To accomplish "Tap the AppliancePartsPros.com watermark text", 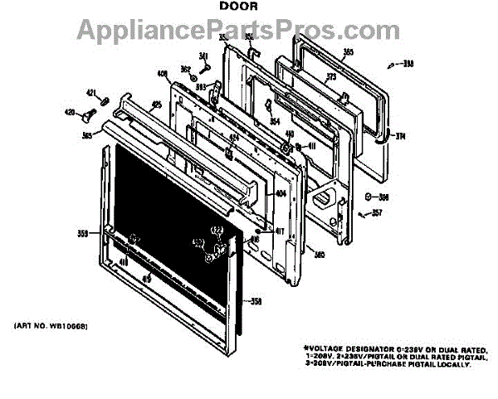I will click(x=249, y=31).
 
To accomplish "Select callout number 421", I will click(x=92, y=92).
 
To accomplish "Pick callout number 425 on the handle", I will click(x=156, y=105).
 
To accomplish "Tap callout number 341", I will click(x=202, y=56).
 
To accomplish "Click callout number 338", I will click(x=406, y=63).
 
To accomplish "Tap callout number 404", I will click(x=281, y=194).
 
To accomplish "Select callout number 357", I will click(x=377, y=213).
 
